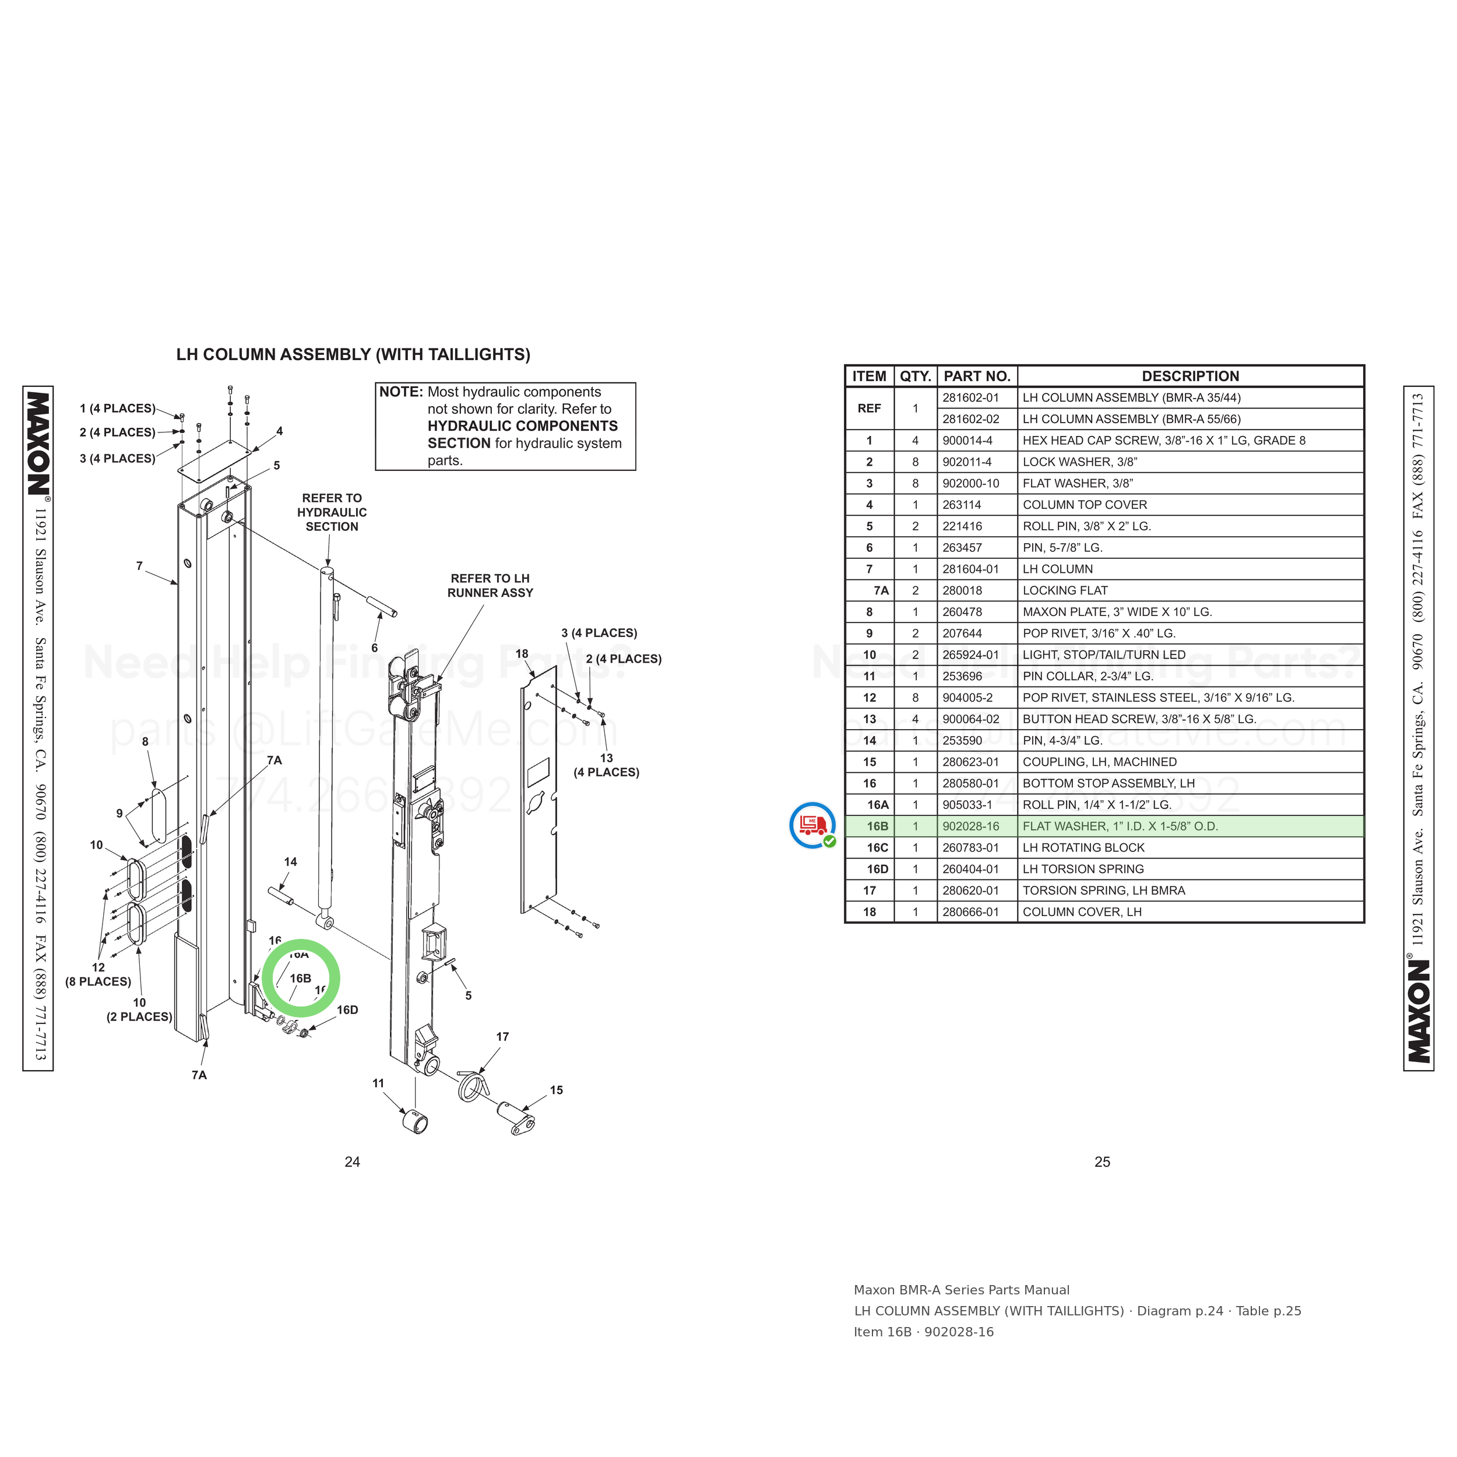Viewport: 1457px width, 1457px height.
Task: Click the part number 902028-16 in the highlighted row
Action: [x=970, y=826]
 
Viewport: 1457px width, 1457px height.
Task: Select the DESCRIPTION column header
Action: [x=1190, y=376]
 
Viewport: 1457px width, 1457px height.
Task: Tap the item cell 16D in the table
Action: [x=877, y=870]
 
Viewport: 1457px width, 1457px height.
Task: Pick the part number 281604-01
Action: [x=970, y=569]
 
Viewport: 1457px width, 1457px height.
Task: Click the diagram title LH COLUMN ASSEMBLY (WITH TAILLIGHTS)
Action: [x=353, y=354]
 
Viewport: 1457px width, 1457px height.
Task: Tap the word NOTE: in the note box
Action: [x=400, y=392]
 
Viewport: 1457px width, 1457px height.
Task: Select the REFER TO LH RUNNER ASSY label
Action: [x=490, y=586]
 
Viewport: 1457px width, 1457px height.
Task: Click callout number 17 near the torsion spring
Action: [x=502, y=1037]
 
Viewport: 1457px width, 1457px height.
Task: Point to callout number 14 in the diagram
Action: [x=290, y=862]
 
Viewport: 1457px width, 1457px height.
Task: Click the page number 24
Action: [x=352, y=1162]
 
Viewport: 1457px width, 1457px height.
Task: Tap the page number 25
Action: [x=1103, y=1162]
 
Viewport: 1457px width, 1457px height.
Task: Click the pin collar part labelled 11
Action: [x=416, y=1121]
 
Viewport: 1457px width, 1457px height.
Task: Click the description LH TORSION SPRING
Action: [x=1083, y=870]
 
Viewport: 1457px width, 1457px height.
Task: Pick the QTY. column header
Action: [x=916, y=376]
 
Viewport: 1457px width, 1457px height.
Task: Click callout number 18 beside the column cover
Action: [x=522, y=654]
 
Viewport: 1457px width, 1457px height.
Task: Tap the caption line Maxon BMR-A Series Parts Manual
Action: [x=962, y=1290]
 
